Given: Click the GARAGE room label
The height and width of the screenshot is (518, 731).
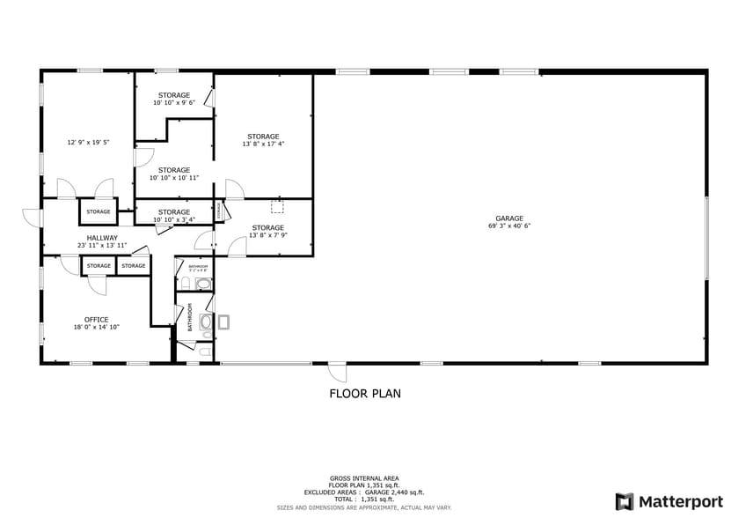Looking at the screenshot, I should click(509, 218).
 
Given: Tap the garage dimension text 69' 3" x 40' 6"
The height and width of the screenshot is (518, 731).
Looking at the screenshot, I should click(509, 226).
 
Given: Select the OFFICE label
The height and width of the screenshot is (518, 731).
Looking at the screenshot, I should click(97, 320).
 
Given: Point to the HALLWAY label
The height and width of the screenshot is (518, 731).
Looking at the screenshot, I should click(102, 237).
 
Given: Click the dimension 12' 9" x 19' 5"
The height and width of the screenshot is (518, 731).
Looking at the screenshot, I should click(85, 142).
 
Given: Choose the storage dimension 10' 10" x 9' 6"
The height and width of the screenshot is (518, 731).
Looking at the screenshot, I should click(174, 103).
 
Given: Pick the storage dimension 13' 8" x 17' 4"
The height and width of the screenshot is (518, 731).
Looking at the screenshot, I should click(263, 144).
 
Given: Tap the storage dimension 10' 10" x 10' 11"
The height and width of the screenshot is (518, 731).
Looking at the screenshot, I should click(174, 178).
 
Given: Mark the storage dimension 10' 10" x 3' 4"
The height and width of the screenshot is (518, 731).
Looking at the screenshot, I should click(174, 219).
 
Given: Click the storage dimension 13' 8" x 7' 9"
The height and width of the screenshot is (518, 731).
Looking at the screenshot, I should click(268, 235).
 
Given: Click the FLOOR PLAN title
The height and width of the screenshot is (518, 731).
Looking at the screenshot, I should click(365, 394).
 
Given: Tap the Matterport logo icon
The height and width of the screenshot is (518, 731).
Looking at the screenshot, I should click(624, 501).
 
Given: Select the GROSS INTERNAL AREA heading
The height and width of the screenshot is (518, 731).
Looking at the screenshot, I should click(365, 477).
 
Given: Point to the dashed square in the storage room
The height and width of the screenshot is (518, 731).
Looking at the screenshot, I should click(278, 207).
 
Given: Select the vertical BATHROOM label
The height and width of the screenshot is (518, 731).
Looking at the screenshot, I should click(190, 318).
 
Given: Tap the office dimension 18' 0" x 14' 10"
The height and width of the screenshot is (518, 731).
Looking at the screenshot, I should click(97, 327).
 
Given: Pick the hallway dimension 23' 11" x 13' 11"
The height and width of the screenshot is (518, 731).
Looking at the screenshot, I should click(102, 245).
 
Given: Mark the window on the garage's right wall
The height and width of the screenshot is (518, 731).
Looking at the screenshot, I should click(706, 237).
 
